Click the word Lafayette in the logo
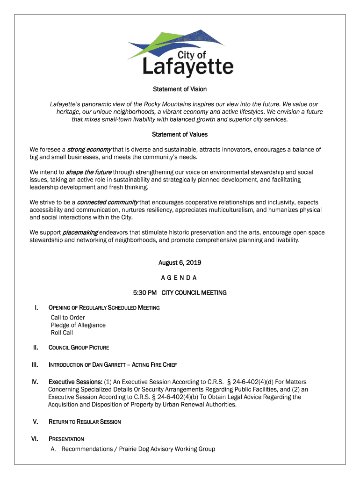pos(187,67)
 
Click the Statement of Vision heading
pos(180,89)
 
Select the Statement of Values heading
pos(180,134)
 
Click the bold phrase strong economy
pos(89,150)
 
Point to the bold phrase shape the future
pos(88,172)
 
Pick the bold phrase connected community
pos(107,202)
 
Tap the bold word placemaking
pos(80,232)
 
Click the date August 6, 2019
pos(180,262)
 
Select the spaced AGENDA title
pos(180,277)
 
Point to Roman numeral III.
pos(35,364)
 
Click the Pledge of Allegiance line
pos(78,325)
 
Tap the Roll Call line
pos(62,333)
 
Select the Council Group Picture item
pos(79,348)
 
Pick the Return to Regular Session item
pos(85,422)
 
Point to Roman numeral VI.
pos(35,439)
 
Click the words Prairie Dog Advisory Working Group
pos(167,449)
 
